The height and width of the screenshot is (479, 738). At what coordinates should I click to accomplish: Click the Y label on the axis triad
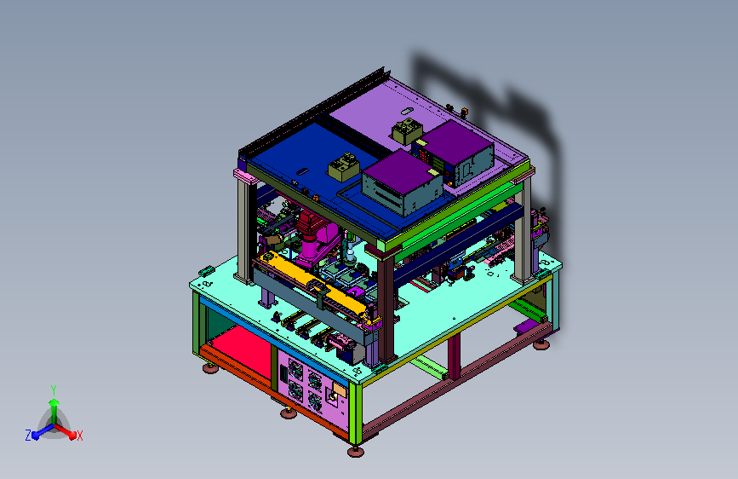(x=54, y=390)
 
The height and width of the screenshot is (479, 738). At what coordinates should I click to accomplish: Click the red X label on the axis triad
(x=79, y=436)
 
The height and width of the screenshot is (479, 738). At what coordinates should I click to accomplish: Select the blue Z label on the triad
(x=28, y=436)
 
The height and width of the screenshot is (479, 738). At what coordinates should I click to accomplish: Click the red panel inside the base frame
(x=240, y=348)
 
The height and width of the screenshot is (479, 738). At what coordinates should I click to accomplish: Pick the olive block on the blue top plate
(x=344, y=167)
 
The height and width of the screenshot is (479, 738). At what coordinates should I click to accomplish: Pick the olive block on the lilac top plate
(x=407, y=130)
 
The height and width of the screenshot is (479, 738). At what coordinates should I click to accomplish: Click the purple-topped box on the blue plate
(x=403, y=182)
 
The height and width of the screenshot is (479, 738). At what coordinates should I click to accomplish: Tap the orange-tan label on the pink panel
(x=340, y=390)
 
